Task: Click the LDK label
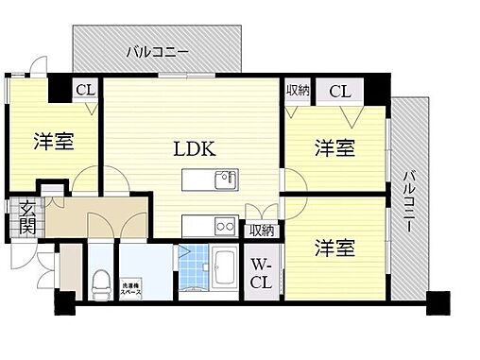click(x=195, y=148)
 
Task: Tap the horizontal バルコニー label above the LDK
click(x=159, y=52)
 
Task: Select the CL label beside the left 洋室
click(x=85, y=90)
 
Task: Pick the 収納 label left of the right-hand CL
click(x=299, y=90)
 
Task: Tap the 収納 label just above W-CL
click(x=261, y=230)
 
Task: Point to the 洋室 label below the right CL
click(x=334, y=147)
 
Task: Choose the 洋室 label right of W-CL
click(x=334, y=249)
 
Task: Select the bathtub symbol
click(x=225, y=266)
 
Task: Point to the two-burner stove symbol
click(x=225, y=226)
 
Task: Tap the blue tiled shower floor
click(x=192, y=268)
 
